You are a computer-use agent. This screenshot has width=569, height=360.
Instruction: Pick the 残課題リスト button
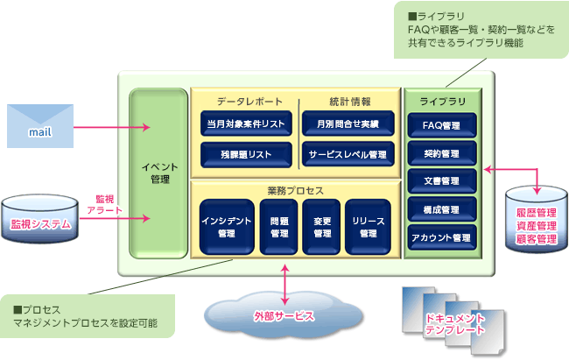click(244, 154)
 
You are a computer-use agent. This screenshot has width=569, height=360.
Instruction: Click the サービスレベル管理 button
click(348, 154)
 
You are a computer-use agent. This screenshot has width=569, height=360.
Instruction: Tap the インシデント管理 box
click(225, 227)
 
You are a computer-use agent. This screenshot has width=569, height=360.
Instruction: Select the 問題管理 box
click(278, 227)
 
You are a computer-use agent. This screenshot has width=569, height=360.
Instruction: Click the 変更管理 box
click(321, 227)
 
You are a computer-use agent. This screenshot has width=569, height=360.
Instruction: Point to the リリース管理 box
click(368, 227)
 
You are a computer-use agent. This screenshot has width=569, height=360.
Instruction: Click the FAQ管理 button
click(441, 125)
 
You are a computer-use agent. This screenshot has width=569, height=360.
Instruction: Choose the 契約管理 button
click(441, 153)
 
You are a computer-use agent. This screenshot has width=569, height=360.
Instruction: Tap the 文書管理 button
click(441, 181)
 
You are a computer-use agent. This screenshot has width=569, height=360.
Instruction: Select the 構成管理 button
click(441, 209)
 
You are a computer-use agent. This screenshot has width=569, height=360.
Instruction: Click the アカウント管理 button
click(441, 237)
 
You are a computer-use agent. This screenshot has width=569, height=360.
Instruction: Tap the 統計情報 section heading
click(348, 101)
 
